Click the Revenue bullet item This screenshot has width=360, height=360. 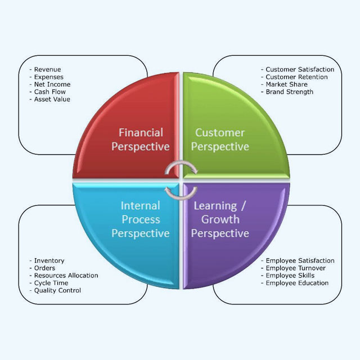[47, 70]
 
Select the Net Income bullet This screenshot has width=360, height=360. [52, 84]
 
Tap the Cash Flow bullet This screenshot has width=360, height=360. [49, 92]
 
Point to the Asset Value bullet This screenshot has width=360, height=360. [52, 99]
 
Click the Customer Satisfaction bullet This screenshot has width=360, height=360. [299, 70]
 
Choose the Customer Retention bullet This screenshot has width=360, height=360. [298, 77]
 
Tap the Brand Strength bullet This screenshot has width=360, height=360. [289, 92]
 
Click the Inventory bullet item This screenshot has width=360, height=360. [49, 261]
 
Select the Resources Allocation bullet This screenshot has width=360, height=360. [66, 276]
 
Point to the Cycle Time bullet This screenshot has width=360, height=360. [51, 283]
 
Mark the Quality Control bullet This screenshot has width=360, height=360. [57, 290]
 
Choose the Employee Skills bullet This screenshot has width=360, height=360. [290, 276]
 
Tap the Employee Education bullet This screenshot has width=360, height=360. [297, 283]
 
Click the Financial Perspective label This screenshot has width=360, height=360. [141, 139]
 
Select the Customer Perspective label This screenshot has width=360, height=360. [220, 139]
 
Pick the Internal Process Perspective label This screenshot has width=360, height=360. [141, 219]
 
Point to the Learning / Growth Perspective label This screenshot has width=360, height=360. [220, 219]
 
